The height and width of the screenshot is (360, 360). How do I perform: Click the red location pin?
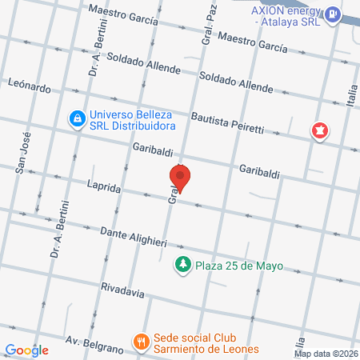(181, 178)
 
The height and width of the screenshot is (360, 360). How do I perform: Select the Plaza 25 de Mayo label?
(239, 265)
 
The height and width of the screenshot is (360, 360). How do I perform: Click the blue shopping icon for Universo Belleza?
(76, 119)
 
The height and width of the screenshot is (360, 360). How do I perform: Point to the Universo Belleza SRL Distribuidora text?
(131, 119)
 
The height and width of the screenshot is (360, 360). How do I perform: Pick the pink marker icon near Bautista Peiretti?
(320, 130)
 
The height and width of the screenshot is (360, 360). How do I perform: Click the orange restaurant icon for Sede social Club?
(142, 340)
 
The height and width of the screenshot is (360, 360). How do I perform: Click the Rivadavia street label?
(123, 290)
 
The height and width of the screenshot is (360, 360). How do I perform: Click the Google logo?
(26, 350)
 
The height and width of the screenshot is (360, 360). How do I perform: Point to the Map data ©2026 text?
(326, 354)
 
